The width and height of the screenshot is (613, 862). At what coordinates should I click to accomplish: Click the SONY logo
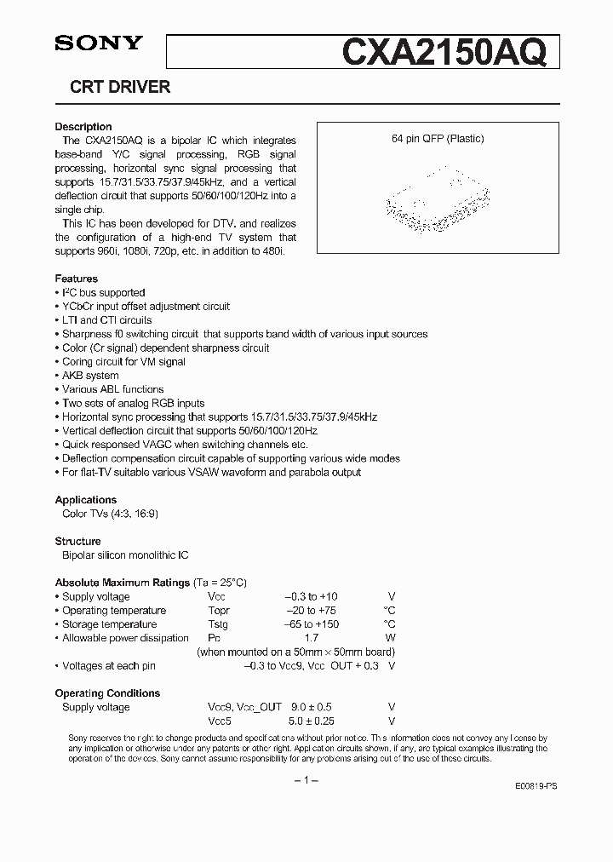[x=100, y=44]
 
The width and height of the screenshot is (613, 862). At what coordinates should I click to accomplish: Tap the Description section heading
[x=83, y=127]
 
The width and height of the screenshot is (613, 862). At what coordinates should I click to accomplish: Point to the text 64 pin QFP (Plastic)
[x=438, y=139]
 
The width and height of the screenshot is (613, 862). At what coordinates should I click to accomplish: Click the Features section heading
[x=77, y=279]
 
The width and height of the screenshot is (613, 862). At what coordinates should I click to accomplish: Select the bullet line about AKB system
[x=90, y=376]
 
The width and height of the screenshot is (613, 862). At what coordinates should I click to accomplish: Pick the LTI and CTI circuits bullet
[x=107, y=320]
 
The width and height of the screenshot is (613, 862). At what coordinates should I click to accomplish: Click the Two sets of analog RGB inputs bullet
[x=134, y=403]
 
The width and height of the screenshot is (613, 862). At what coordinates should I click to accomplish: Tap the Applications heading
[x=86, y=500]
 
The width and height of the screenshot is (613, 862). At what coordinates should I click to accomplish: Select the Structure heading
[x=78, y=541]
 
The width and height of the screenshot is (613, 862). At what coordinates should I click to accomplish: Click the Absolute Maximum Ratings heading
[x=123, y=583]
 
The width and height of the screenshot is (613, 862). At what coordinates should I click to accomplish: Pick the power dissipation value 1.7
[x=312, y=638]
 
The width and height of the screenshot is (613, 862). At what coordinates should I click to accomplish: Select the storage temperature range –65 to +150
[x=312, y=624]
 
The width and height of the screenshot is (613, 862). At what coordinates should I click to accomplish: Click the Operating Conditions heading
[x=108, y=693]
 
